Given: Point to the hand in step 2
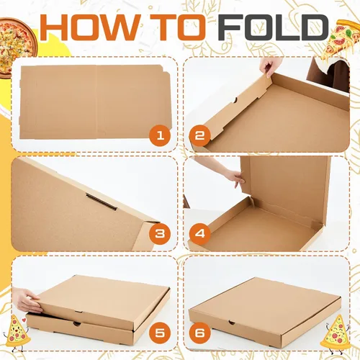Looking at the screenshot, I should (x=271, y=68).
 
